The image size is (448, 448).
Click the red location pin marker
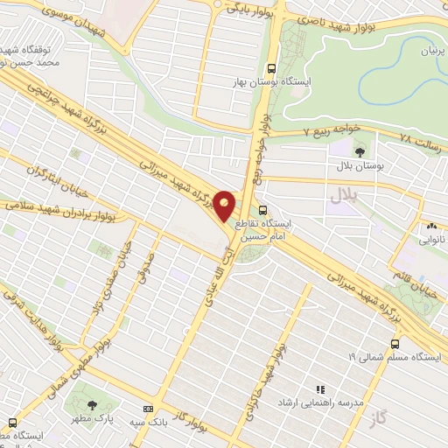(x=226, y=206)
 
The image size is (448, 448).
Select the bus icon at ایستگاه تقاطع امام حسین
(x=263, y=208)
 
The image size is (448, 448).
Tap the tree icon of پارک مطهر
(x=93, y=404)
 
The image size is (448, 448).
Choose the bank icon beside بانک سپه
(x=146, y=409)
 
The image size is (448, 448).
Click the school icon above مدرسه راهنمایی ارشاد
(x=320, y=388)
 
